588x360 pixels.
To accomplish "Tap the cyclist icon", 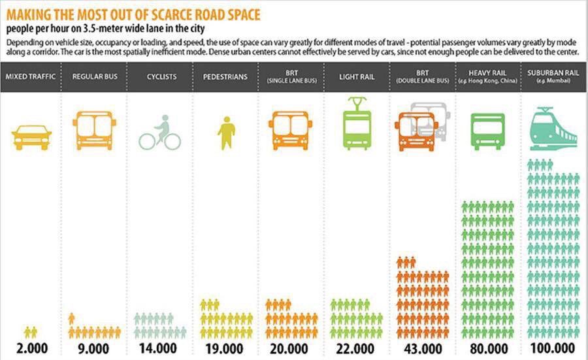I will click(x=160, y=133).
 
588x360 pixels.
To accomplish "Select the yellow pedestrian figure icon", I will click(x=226, y=133).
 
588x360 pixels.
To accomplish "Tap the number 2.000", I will click(x=31, y=348).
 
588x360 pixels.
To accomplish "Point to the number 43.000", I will click(x=422, y=348).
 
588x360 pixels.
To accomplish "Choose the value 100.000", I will click(x=553, y=348).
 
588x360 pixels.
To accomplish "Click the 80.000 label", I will click(x=487, y=348).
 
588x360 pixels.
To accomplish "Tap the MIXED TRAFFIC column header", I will click(x=31, y=76).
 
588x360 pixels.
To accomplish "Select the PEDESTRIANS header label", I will click(x=225, y=76).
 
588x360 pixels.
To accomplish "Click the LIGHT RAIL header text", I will click(x=357, y=76).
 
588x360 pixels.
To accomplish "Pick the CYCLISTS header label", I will click(x=161, y=76).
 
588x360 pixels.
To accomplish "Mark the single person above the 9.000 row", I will click(x=72, y=318).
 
